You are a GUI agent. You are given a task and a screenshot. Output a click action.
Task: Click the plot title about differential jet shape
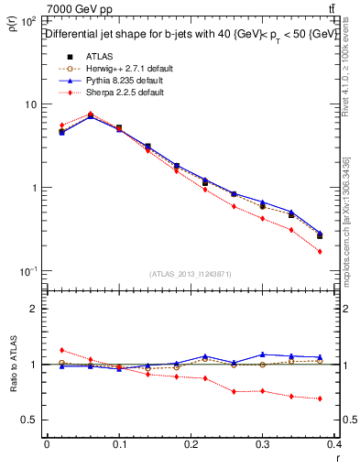pos(191,34)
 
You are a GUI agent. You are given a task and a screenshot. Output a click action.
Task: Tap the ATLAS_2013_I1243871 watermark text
pos(191,274)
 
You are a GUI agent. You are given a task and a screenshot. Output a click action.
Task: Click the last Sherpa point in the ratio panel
pos(320,398)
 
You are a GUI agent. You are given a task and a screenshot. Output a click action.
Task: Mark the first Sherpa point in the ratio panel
pos(61,350)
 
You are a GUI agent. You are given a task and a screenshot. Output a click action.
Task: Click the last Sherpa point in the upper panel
pos(320,251)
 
